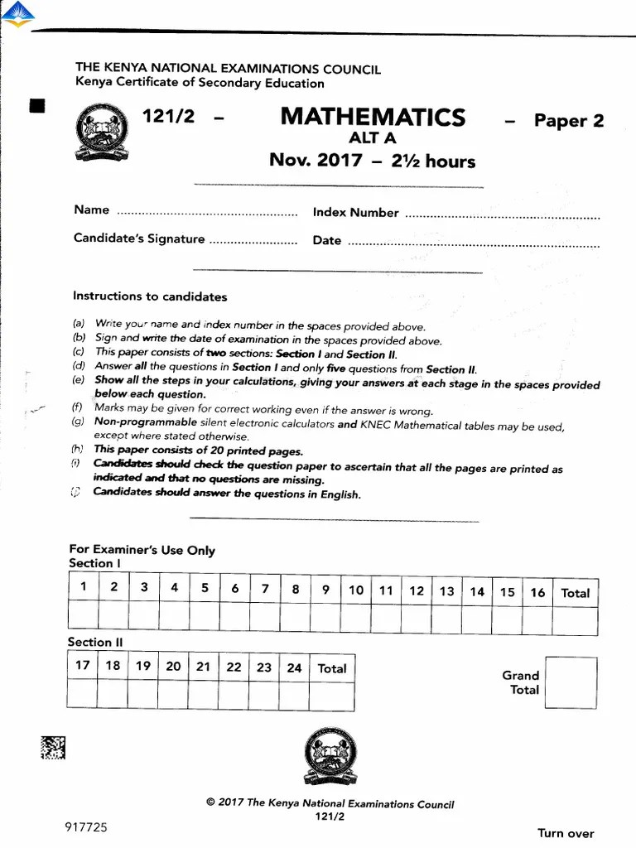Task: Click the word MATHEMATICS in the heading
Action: point(373,117)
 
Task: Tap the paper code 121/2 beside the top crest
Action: point(169,117)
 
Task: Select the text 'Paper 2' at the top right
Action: point(568,121)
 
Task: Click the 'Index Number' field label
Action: point(355,213)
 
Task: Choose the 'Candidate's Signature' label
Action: point(139,239)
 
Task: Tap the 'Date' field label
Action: point(327,240)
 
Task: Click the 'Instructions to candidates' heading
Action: point(150,296)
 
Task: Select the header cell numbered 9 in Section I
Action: point(325,590)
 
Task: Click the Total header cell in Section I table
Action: point(575,593)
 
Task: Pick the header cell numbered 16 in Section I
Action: point(537,592)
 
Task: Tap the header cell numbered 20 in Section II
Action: point(173,666)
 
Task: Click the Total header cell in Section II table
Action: point(332,668)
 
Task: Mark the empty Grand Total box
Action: point(571,684)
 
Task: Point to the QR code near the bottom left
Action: point(51,748)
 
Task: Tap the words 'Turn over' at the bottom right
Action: point(566,833)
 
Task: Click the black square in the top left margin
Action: point(36,105)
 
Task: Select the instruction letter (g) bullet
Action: point(79,422)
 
